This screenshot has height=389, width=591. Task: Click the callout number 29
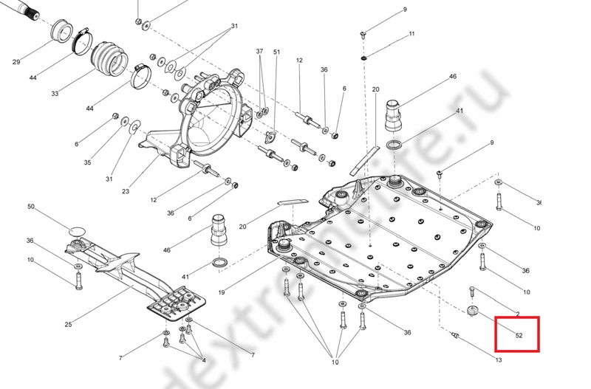coord(16,62)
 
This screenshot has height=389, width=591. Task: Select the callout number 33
coord(55,94)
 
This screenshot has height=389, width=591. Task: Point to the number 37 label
coord(259,52)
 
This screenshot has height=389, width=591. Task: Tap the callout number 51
coord(277,52)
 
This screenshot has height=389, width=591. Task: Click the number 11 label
coord(411,34)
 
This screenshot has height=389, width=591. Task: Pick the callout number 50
coord(31,207)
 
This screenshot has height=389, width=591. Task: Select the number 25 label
coord(68,324)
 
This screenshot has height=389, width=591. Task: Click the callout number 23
coord(126,192)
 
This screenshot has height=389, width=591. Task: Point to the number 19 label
coord(221,292)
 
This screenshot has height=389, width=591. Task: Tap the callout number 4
coord(203,360)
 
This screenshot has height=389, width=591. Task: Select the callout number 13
coord(499,360)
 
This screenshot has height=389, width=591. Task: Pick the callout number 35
coord(87,162)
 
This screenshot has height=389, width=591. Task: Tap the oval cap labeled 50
coord(77,232)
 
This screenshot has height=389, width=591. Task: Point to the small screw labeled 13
coord(455,337)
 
